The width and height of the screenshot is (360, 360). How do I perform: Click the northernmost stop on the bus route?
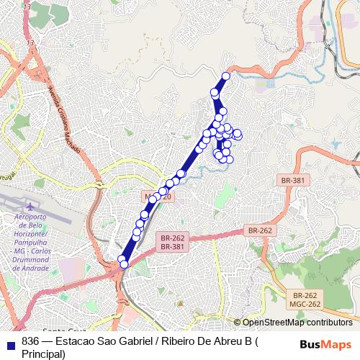coord(226,76)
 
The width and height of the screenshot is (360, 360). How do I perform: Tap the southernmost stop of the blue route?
coord(124,264)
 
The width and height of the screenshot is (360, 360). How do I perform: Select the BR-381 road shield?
coord(292,180)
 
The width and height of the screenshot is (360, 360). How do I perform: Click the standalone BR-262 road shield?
coord(260,230)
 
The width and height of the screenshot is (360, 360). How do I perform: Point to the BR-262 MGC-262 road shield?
coord(305,300)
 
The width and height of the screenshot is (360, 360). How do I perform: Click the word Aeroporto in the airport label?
coord(30,217)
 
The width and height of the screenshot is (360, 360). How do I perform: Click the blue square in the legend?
coord(10,342)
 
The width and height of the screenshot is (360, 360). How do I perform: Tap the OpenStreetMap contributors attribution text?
coord(297,323)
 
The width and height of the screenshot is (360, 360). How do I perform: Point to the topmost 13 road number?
coord(27,6)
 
